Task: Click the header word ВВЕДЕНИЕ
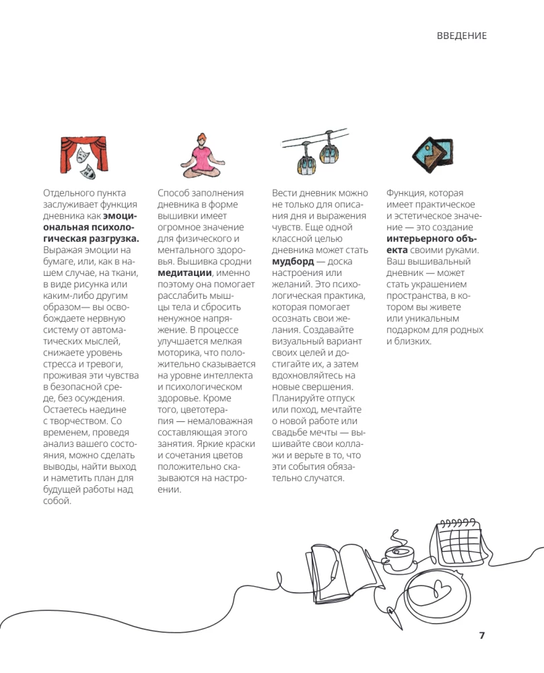[461, 36]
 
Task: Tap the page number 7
[481, 635]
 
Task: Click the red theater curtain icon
[83, 155]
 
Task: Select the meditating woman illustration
[201, 154]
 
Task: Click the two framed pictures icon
[431, 153]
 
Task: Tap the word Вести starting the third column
[285, 193]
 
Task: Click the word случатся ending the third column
[323, 479]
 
